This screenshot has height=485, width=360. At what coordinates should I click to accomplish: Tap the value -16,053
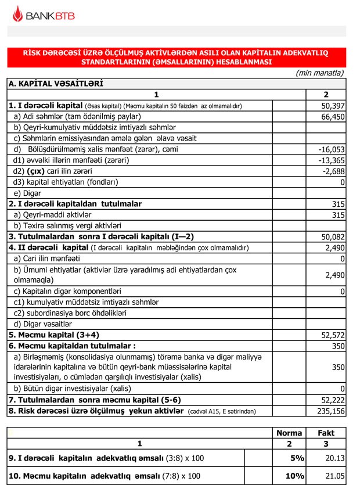click(x=332, y=149)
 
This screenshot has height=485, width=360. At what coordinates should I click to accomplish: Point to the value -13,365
click(x=332, y=160)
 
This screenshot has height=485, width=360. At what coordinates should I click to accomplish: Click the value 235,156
click(x=331, y=411)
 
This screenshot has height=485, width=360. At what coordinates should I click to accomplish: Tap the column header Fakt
click(x=326, y=433)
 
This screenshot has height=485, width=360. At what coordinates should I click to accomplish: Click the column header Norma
click(x=289, y=433)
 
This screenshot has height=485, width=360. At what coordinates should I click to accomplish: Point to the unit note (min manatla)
click(x=319, y=73)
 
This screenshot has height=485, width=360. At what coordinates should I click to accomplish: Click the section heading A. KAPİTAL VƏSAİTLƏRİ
click(x=56, y=84)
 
